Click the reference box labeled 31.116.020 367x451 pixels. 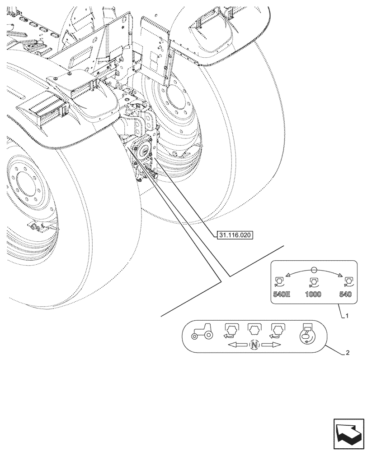tap(235, 235)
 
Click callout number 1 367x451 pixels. tap(347, 316)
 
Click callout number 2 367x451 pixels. tap(347, 353)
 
